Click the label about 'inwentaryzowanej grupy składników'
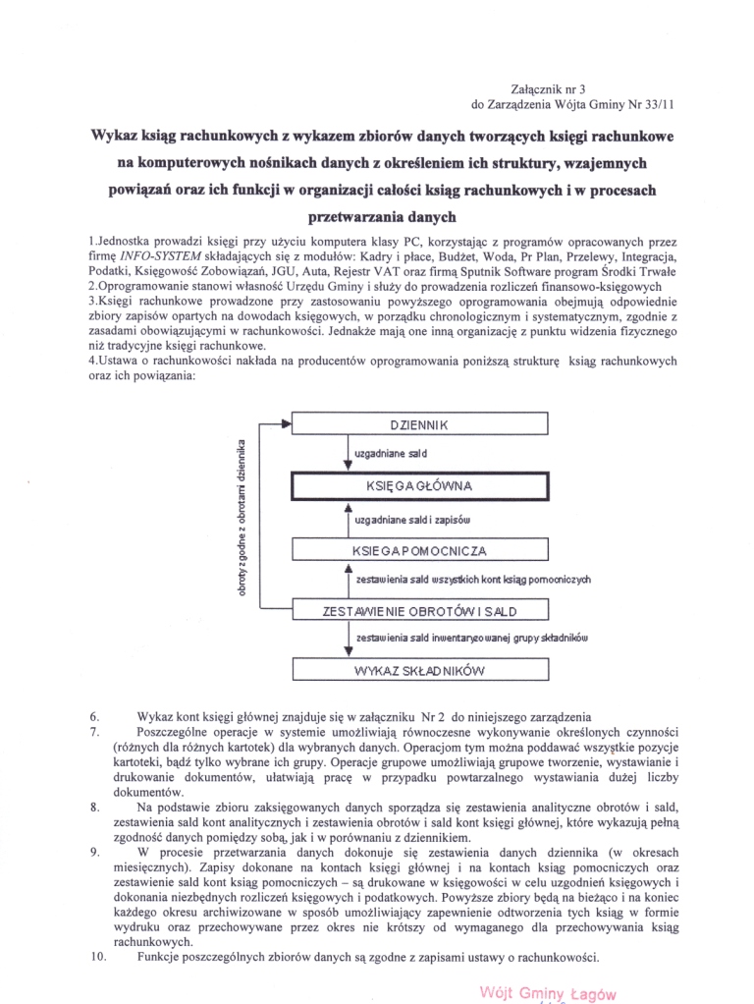tap(471, 639)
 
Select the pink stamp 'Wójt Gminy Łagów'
tap(548, 993)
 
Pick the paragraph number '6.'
tap(94, 714)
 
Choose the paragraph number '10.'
tap(98, 958)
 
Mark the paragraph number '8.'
tap(94, 807)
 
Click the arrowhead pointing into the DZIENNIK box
tap(288, 424)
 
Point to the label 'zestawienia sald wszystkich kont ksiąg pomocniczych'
tap(475, 580)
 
